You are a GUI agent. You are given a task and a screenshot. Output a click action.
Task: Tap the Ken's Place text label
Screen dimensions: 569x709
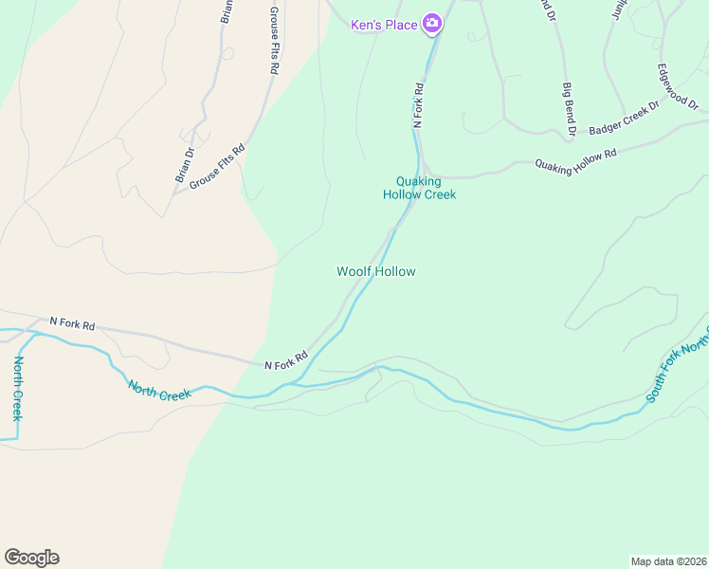(x=384, y=25)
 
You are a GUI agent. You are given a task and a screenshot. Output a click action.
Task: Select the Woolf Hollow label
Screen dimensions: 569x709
(x=376, y=271)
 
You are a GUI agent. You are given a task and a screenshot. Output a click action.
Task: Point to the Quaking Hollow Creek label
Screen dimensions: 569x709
(x=419, y=188)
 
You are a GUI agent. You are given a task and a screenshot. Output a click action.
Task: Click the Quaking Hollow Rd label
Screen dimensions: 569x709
(x=576, y=158)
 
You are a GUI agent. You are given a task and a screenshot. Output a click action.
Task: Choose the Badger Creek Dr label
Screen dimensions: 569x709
(x=623, y=119)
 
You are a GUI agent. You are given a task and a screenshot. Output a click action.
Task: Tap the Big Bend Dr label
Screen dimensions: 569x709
(x=569, y=103)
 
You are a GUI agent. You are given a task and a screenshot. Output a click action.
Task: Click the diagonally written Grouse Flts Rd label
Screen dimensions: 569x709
(x=217, y=166)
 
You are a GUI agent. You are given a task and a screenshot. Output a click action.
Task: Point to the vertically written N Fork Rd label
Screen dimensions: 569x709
(x=417, y=104)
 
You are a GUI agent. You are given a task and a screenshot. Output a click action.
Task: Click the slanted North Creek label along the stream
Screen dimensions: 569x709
(x=160, y=389)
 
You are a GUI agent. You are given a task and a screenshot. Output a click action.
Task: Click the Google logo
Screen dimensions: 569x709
(x=31, y=558)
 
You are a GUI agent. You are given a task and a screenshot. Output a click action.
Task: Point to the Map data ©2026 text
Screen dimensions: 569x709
(x=667, y=560)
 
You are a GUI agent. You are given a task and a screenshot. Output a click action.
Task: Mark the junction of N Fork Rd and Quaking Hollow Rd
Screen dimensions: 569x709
(x=423, y=176)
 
